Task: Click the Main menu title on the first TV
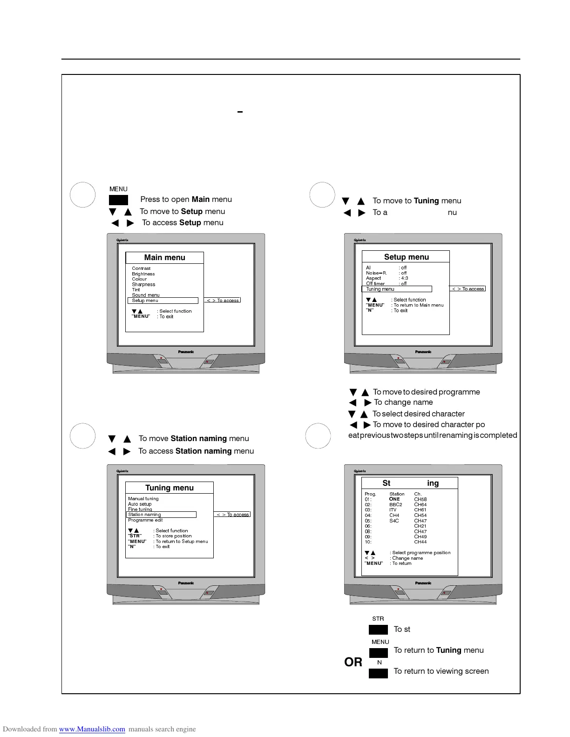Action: [164, 258]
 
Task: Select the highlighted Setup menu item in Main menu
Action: [145, 301]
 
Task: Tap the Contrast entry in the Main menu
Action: [141, 268]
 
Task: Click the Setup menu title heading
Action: [406, 257]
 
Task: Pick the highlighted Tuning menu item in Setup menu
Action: [380, 289]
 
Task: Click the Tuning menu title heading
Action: [170, 488]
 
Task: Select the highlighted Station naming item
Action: [145, 515]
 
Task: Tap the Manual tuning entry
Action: [143, 499]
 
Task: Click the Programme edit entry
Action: [145, 520]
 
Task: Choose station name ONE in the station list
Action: [394, 499]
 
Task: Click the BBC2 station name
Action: [395, 505]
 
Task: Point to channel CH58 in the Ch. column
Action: [420, 499]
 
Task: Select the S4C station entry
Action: [394, 521]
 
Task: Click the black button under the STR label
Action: [378, 630]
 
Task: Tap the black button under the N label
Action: [378, 673]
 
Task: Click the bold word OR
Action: [353, 662]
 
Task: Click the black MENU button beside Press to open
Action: [118, 200]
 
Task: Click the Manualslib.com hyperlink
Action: [92, 729]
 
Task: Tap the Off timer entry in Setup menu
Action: [375, 284]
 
